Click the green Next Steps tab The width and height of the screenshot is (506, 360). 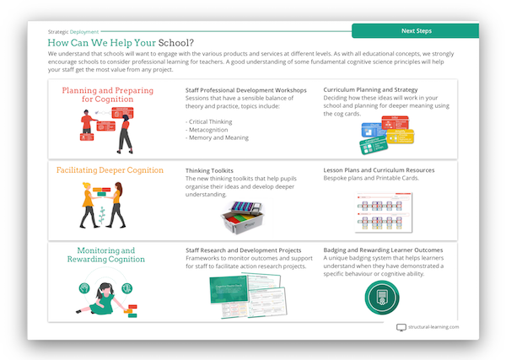(416, 31)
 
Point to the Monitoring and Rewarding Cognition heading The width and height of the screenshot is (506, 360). (106, 255)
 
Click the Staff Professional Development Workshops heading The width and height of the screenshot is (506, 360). (245, 89)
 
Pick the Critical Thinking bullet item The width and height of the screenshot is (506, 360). (212, 122)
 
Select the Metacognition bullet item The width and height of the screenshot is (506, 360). (210, 130)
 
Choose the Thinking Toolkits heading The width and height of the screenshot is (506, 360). (209, 170)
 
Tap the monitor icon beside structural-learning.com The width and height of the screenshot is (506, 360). (401, 327)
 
